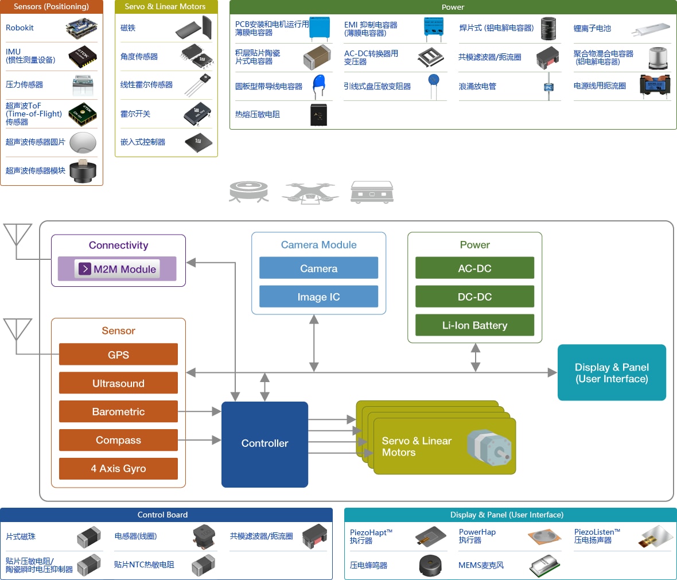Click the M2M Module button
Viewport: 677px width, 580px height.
117,268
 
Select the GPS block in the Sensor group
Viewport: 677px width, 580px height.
118,355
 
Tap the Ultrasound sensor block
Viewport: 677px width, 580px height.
118,383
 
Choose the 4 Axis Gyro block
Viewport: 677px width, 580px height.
118,469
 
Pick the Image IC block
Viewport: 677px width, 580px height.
318,297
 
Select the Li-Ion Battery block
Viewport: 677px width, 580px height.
474,325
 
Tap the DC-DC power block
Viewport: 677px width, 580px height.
474,297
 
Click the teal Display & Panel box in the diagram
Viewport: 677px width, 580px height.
612,373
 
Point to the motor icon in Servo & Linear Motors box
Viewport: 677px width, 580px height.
489,448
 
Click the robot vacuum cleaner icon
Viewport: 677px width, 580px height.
248,192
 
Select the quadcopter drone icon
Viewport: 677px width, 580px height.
310,193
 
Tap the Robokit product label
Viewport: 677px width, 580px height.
20,28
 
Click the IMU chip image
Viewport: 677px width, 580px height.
83,57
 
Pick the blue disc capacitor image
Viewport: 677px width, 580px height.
318,86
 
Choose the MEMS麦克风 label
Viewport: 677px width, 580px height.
481,565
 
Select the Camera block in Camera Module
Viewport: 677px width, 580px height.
318,268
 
